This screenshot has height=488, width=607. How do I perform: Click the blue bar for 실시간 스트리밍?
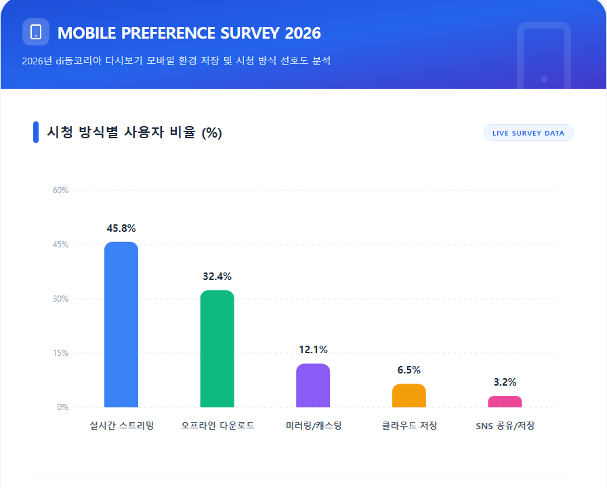coord(121,325)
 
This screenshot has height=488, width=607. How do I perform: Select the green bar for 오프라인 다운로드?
coord(217,349)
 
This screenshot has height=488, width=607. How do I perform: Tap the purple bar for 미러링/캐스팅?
coord(313,386)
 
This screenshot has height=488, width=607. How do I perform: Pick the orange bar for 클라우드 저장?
coord(409,396)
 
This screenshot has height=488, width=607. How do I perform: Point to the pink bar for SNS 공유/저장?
coord(505,401)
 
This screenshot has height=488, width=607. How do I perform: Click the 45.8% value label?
coord(121,228)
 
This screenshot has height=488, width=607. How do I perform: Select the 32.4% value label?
coord(217,277)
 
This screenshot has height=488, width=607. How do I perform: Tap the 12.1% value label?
coord(313,350)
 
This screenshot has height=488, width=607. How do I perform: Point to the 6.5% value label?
coord(409,370)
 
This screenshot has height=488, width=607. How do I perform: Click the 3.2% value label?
coord(505,382)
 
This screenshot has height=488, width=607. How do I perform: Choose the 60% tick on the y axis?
coord(61,190)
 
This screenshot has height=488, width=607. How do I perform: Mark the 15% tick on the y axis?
coord(61,353)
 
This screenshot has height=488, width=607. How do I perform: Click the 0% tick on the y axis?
coord(62,407)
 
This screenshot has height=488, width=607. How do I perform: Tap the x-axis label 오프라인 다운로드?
coord(217,426)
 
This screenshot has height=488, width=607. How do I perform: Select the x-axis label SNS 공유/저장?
coord(505,426)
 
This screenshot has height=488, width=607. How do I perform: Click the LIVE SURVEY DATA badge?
coord(528,133)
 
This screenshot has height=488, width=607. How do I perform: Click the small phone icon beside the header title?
coord(36,32)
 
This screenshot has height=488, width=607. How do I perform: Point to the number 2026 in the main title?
coord(303,33)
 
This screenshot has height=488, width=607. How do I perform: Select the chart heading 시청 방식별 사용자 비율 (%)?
coord(134,133)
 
